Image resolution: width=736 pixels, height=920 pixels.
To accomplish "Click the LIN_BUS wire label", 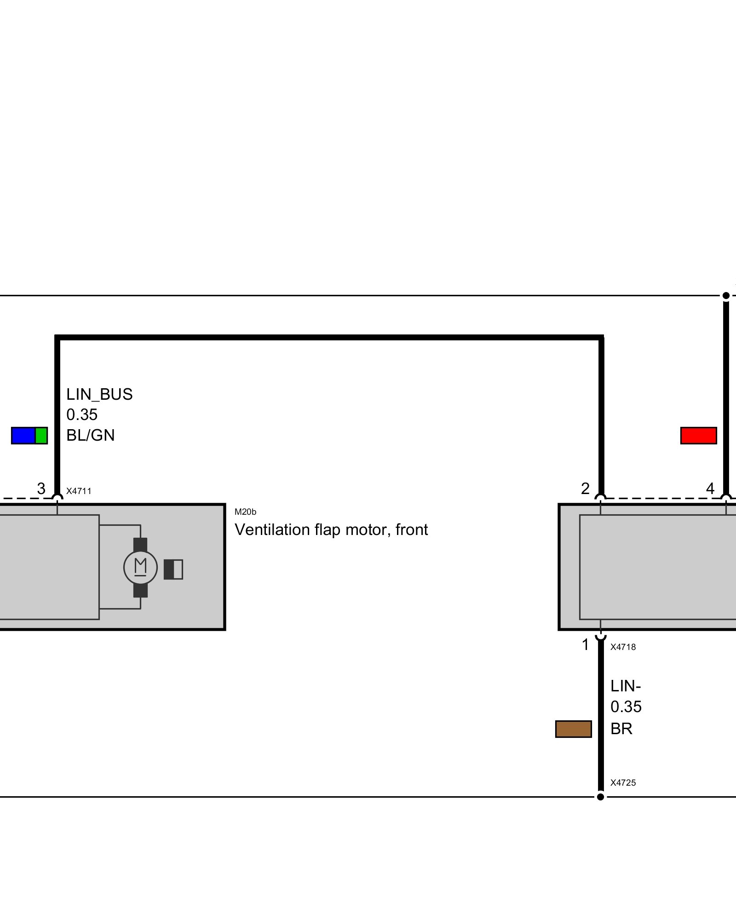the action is click(99, 395).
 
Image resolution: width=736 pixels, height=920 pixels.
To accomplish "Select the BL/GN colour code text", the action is click(91, 435).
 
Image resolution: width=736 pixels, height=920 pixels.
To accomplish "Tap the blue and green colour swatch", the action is click(29, 436).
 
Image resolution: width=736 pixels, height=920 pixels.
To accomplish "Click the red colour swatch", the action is click(698, 436).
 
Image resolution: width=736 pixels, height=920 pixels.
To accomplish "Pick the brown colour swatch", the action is click(573, 729).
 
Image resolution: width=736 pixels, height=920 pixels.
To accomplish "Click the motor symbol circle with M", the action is click(140, 567).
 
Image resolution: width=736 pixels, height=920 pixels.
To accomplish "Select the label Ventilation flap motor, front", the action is click(331, 530).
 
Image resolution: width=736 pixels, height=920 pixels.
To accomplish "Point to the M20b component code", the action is click(245, 512).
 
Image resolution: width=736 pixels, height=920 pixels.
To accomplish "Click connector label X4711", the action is click(79, 491).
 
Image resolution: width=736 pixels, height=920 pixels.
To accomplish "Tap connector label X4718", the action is click(623, 647).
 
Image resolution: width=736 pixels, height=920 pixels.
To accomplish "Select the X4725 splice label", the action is click(623, 783).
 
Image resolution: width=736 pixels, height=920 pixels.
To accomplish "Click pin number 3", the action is click(41, 489).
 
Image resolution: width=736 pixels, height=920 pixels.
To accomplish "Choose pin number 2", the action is click(585, 489).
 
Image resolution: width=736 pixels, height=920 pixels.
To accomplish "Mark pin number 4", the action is click(710, 489).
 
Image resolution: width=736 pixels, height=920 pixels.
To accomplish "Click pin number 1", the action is click(585, 645).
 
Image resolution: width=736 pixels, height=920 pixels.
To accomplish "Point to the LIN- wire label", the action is click(626, 686).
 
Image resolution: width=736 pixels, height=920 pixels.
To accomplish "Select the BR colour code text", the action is click(621, 729).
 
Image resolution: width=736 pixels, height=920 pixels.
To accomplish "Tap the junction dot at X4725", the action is click(600, 797).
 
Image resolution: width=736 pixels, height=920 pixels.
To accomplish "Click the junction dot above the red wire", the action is click(726, 296).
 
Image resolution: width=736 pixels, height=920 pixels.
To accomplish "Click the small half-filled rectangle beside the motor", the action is click(173, 569).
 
